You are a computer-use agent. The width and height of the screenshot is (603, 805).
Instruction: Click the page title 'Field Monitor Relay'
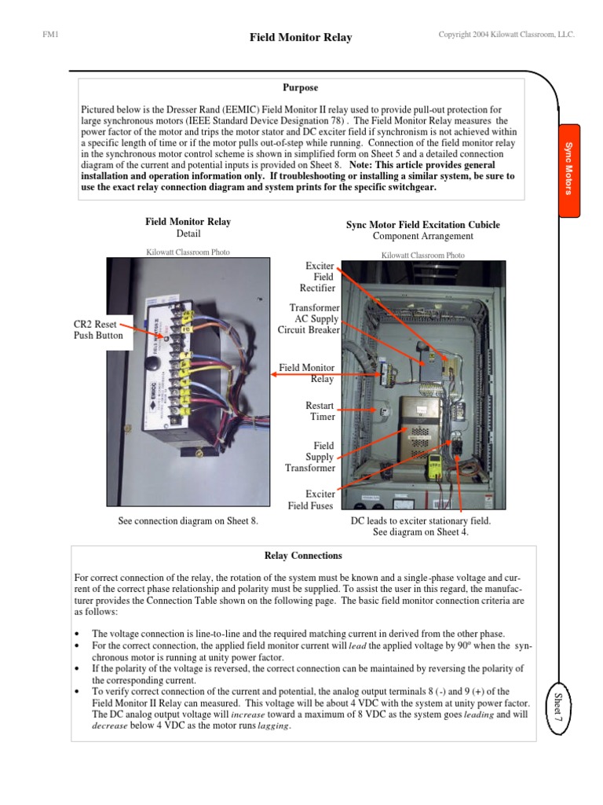tap(301, 37)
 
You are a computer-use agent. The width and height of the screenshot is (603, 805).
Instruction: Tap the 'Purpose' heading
tap(301, 88)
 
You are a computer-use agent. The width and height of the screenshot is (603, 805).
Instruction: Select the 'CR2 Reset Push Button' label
tap(99, 329)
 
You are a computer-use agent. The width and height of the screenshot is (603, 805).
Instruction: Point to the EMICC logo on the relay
tap(155, 418)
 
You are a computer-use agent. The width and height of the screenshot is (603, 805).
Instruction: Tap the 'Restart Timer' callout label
tap(320, 411)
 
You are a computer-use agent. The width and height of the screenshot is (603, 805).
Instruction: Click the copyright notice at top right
tap(506, 35)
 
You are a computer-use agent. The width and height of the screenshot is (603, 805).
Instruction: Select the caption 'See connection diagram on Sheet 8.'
tap(188, 520)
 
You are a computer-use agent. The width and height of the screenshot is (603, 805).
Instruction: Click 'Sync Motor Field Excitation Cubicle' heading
tap(422, 225)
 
